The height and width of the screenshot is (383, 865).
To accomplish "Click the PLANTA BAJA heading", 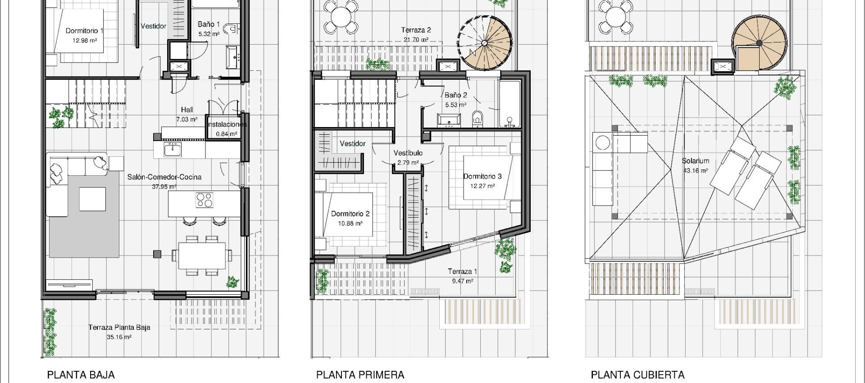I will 81,374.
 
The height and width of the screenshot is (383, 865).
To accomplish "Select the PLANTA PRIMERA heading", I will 360,374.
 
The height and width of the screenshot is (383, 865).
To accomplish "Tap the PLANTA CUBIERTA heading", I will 637,374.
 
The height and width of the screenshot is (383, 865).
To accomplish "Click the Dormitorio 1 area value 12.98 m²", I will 85,41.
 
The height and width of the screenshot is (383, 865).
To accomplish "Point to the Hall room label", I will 187,109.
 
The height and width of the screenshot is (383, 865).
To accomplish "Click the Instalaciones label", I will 227,124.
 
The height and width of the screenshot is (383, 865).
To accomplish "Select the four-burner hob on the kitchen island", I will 205,200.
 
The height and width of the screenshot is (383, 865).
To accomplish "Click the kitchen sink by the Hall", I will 172,150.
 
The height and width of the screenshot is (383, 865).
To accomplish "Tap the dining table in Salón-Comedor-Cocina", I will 202,255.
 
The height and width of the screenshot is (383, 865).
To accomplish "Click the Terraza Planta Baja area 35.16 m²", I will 119,337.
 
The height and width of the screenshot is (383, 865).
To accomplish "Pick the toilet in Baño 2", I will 477,119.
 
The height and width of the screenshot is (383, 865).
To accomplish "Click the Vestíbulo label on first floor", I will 408,153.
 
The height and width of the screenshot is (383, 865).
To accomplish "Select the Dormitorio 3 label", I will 482,176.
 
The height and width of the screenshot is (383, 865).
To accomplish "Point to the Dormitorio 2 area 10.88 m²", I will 350,223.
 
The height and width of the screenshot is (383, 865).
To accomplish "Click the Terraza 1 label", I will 462,271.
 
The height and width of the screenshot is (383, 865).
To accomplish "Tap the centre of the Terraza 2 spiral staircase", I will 484,43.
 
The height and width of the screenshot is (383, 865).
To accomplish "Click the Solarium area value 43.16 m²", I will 695,171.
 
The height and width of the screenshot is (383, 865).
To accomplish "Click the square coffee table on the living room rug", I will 92,199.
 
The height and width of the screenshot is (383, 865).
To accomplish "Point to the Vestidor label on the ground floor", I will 153,26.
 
